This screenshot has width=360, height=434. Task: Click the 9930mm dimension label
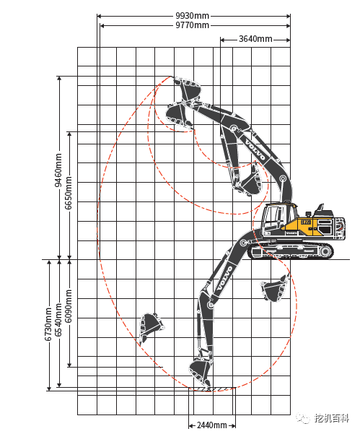coord(192,15)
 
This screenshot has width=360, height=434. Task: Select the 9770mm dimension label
coord(192,25)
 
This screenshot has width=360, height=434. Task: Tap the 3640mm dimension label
coord(255,39)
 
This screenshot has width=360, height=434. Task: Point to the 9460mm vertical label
coord(59,169)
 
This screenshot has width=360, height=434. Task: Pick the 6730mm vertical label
coord(49,323)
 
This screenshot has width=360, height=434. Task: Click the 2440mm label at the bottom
coord(212,425)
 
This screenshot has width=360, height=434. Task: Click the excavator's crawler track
coord(291,251)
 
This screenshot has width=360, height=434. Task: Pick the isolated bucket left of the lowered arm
coord(150,326)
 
